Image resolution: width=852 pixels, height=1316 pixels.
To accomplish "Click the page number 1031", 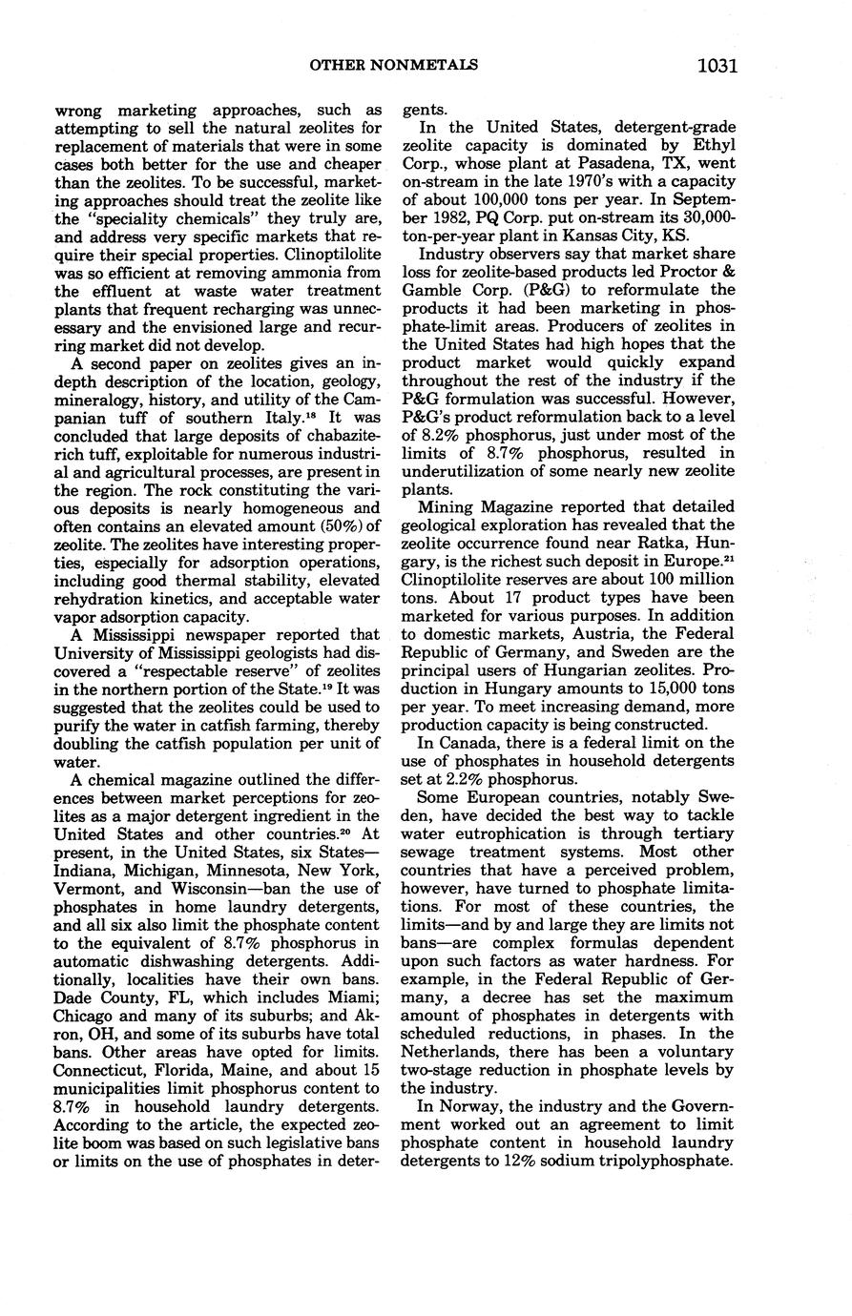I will [717, 66].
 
